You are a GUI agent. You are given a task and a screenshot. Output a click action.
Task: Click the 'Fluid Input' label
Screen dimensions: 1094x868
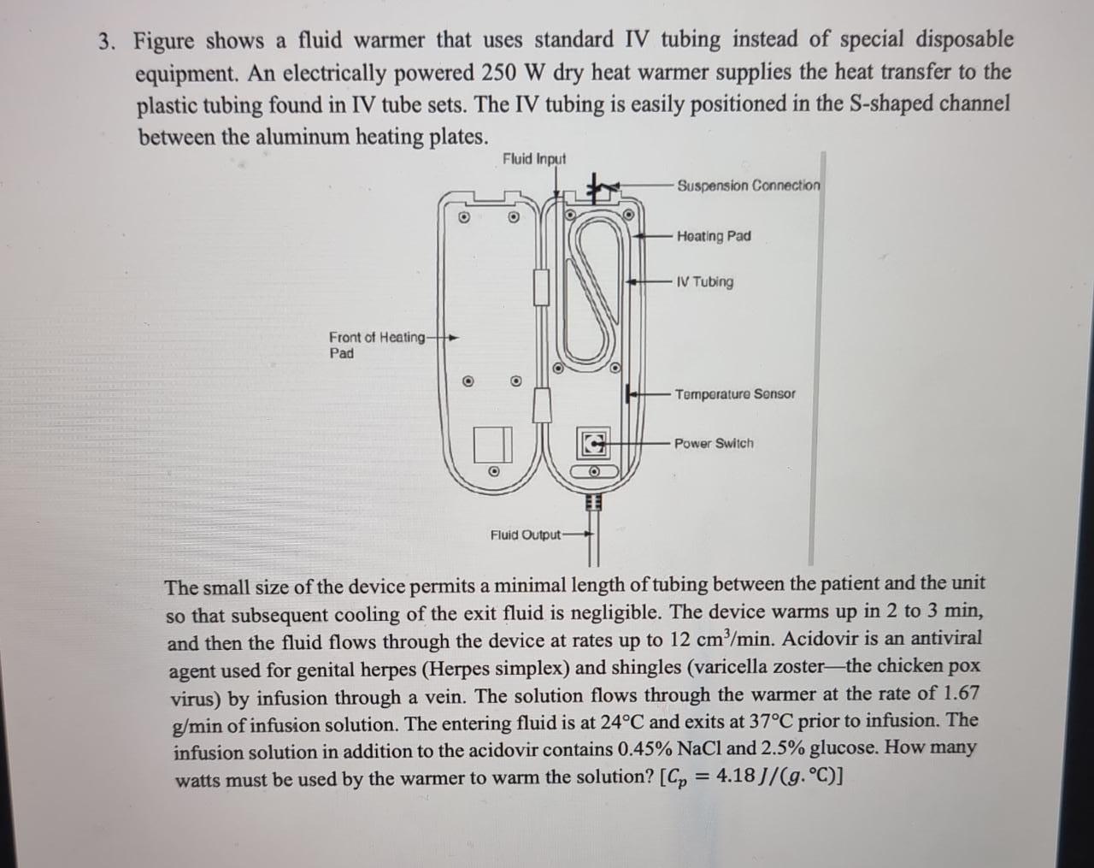coord(534,159)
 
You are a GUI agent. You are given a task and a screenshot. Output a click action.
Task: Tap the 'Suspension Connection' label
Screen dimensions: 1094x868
coord(748,186)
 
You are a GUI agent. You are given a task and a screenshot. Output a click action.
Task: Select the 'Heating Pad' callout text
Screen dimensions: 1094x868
coord(714,236)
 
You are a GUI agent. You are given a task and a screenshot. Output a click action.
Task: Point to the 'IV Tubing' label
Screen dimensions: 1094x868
coord(704,282)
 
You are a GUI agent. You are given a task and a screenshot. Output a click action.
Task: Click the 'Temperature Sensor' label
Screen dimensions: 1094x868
coord(734,394)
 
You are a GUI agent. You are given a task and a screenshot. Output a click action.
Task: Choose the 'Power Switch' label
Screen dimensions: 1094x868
coord(714,444)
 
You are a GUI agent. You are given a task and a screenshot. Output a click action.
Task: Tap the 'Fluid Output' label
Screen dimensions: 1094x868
coord(525,535)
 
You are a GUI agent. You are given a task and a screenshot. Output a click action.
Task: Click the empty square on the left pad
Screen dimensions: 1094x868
coord(492,444)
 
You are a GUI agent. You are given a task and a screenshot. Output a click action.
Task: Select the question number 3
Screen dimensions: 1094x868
coord(107,42)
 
